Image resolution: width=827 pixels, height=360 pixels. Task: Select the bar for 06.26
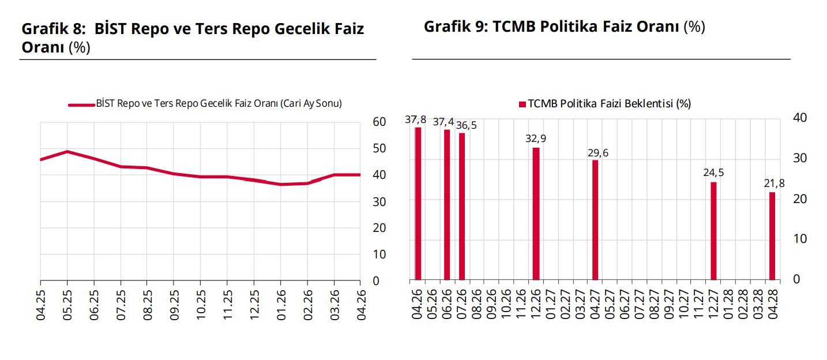click(x=447, y=204)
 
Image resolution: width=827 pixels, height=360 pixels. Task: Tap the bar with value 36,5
click(x=462, y=206)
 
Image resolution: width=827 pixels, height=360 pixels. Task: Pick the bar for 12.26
click(x=536, y=213)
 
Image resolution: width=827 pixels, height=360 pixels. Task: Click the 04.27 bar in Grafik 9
click(x=595, y=220)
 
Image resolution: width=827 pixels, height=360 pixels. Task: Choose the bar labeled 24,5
click(x=713, y=231)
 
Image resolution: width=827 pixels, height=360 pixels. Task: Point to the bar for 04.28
click(x=772, y=236)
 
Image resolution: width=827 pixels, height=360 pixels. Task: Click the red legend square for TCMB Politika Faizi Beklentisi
click(x=522, y=104)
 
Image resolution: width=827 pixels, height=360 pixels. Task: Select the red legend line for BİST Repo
click(x=81, y=105)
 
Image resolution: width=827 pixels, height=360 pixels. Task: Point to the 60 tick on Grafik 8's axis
click(x=379, y=122)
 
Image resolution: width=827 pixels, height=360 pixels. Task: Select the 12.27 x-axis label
click(x=713, y=303)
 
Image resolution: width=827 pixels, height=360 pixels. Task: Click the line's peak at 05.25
click(x=67, y=152)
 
